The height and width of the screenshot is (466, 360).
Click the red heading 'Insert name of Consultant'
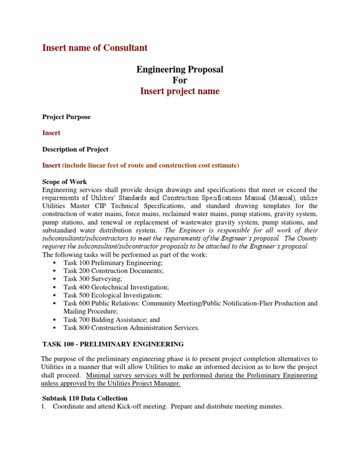click(95, 48)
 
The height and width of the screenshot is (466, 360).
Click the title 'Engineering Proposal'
click(180, 70)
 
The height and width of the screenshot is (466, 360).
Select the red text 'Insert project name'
click(180, 91)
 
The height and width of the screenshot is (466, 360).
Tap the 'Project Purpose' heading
click(67, 117)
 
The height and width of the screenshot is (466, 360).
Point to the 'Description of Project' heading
click(75, 150)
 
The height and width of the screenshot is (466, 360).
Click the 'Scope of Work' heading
click(64, 182)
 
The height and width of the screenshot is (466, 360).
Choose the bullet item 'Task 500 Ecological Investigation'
click(113, 295)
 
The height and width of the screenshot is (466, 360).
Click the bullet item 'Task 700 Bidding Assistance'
click(105, 320)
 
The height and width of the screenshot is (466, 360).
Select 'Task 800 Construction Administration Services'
click(131, 328)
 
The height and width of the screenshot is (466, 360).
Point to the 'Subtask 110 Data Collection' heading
click(85, 398)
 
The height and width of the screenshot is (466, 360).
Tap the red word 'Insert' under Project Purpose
click(51, 133)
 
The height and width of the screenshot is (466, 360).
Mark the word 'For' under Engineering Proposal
click(180, 80)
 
